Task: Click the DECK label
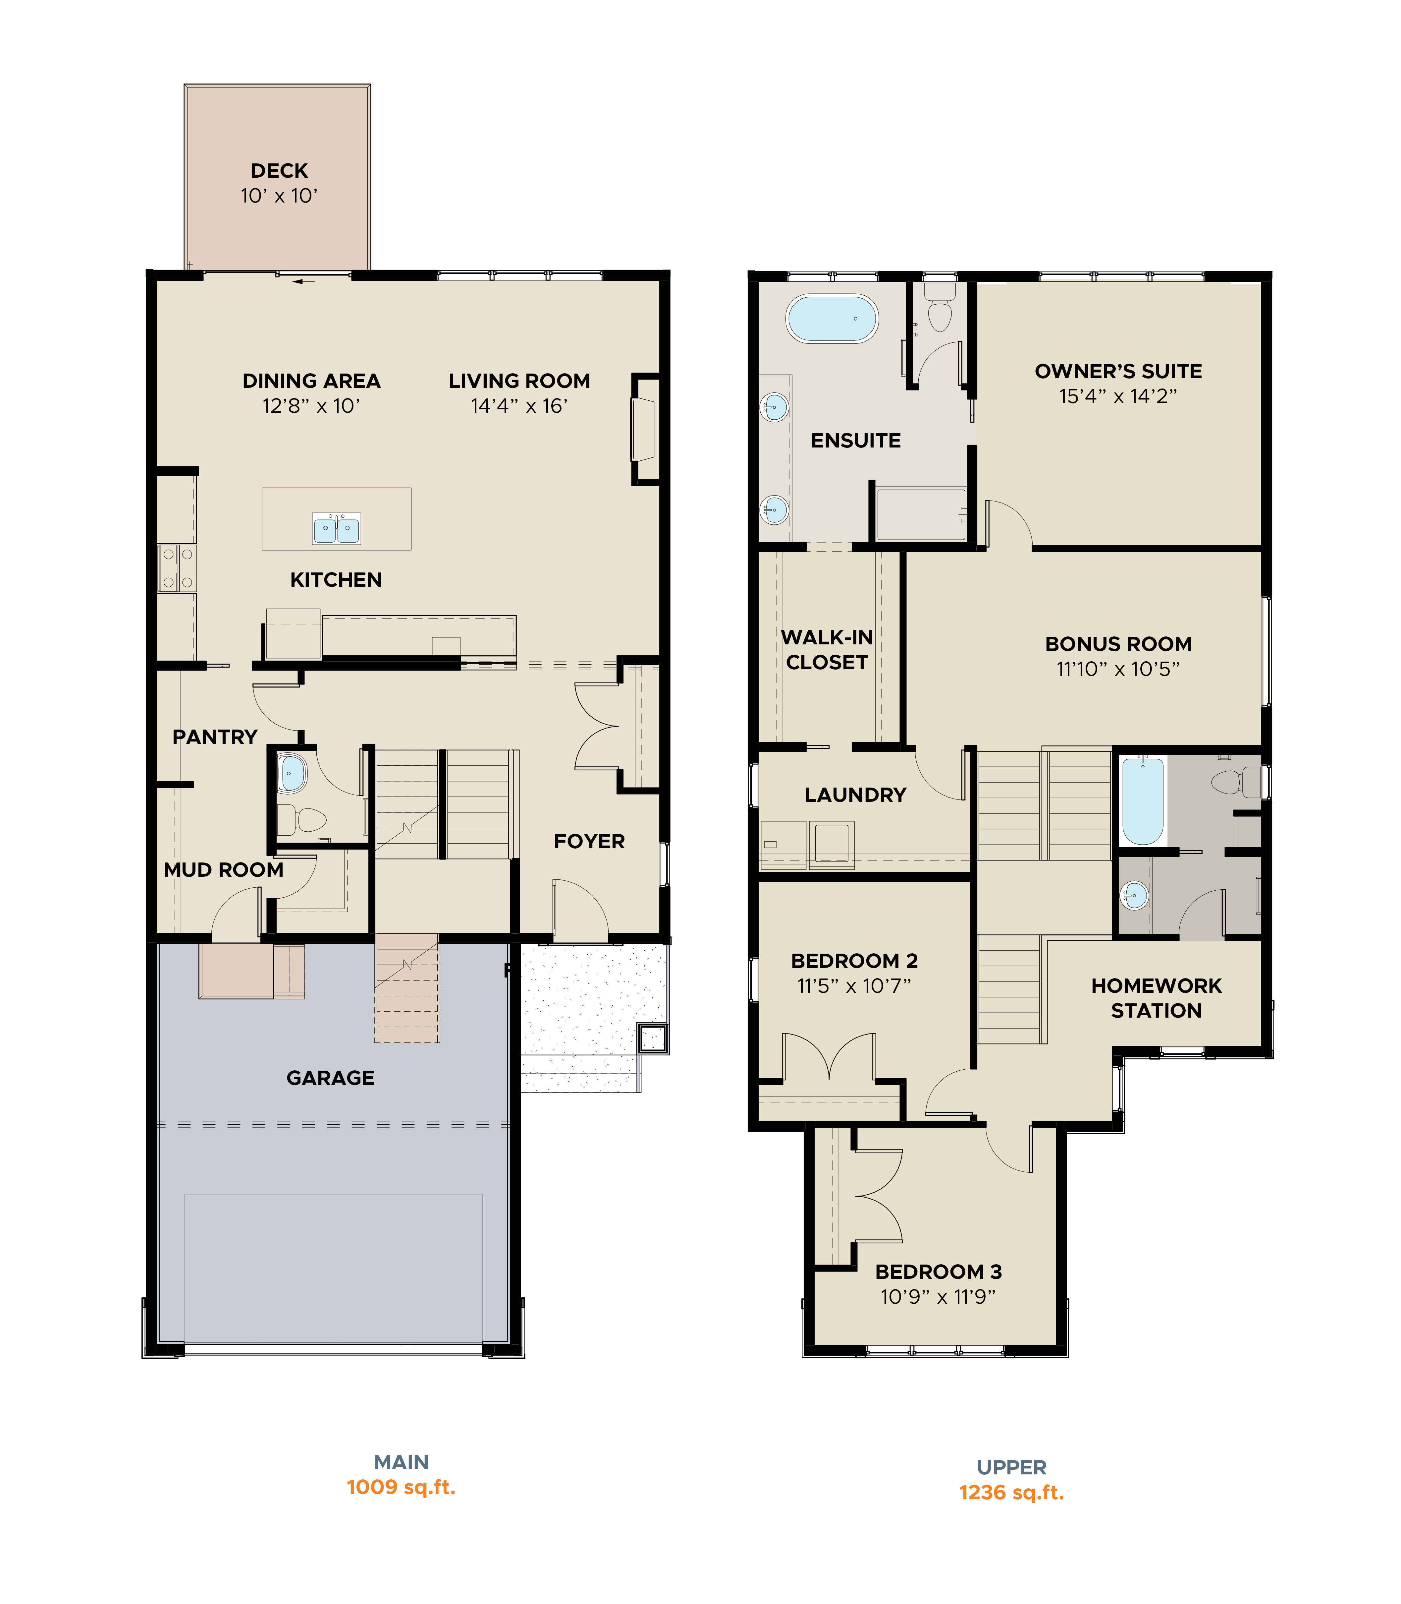click(x=279, y=170)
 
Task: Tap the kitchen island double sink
click(x=336, y=529)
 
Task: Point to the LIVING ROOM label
click(x=519, y=381)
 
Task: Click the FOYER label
click(x=589, y=842)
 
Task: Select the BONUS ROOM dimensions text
click(x=1118, y=669)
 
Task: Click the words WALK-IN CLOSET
click(x=827, y=650)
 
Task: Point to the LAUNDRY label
click(x=855, y=795)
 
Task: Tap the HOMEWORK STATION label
click(x=1156, y=998)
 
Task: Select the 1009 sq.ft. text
click(x=401, y=1487)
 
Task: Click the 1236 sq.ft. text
click(x=1012, y=1492)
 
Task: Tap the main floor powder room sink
click(x=292, y=773)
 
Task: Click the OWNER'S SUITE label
click(x=1118, y=372)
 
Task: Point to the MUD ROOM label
click(x=224, y=870)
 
